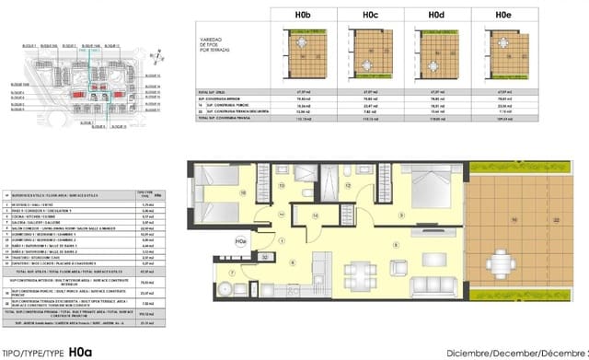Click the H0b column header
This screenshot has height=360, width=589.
[300, 15]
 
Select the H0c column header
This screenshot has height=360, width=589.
[370, 15]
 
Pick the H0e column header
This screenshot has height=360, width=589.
[502, 15]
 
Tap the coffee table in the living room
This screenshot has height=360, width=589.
[410, 262]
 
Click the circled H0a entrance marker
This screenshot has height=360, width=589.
[241, 242]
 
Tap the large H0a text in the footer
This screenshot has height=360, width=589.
[80, 351]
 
